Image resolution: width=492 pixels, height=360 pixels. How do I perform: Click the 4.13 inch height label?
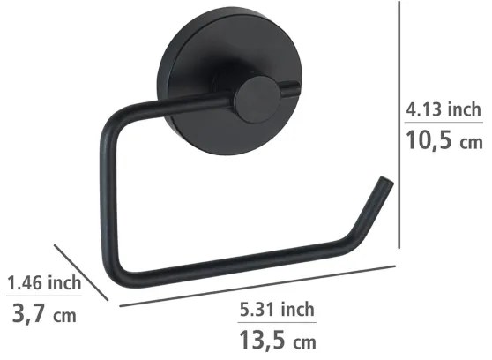(x=443, y=110)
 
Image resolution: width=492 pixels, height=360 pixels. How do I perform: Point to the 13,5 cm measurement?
(x=277, y=340)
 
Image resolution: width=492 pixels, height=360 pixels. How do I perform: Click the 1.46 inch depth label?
(x=43, y=283)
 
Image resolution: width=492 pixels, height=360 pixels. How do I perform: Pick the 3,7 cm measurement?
(x=43, y=313)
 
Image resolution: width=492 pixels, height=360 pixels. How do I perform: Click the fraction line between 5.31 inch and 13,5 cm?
(x=277, y=323)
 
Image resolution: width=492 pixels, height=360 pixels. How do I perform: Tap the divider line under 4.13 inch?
(x=443, y=125)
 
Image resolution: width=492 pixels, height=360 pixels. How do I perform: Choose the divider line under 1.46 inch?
(x=43, y=297)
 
